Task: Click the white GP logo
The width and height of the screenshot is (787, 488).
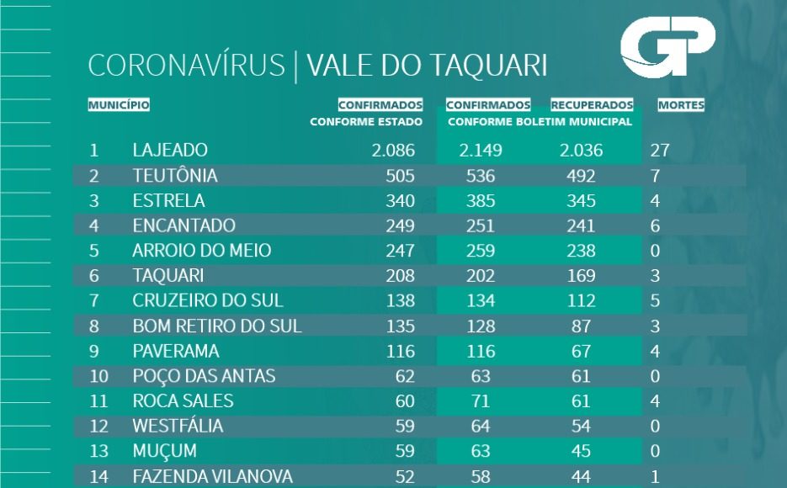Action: (x=667, y=46)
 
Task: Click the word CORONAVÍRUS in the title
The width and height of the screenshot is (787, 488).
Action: (x=186, y=66)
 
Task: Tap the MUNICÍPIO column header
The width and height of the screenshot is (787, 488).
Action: (x=119, y=106)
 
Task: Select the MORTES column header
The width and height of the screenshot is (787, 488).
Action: (x=681, y=106)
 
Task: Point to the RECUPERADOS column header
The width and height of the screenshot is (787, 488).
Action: (x=592, y=106)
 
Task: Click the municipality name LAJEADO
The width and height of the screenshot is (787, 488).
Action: (x=170, y=151)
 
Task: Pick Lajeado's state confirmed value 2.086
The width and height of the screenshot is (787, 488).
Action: (x=393, y=151)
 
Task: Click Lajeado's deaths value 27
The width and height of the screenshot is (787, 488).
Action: (x=660, y=151)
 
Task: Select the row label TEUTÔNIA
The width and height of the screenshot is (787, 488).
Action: (x=175, y=176)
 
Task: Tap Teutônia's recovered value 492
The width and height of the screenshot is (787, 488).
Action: (x=581, y=176)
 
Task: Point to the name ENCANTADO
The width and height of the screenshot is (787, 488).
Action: (x=183, y=225)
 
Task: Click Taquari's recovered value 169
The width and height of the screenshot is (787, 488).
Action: (x=581, y=275)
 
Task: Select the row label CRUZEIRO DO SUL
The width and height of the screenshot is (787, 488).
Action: (x=208, y=300)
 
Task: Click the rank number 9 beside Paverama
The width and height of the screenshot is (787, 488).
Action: (x=94, y=351)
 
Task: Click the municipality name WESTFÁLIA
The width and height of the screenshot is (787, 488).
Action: (x=178, y=426)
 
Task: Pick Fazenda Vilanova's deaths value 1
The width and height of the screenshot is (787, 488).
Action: (x=655, y=476)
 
